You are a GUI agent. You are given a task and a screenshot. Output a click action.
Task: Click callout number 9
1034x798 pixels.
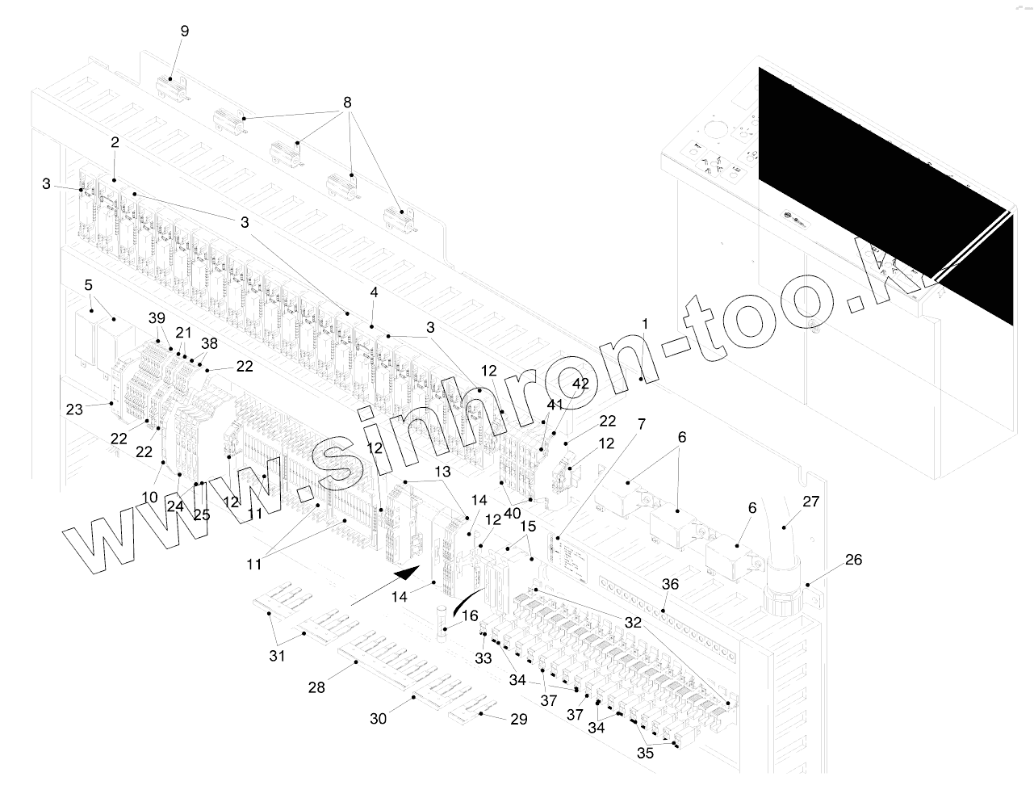coord(185,31)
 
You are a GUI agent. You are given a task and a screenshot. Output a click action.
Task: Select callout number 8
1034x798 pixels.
coord(347,103)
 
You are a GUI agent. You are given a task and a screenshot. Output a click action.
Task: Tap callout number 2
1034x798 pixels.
coord(115,142)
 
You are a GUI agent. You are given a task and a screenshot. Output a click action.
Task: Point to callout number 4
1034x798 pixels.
coord(374,292)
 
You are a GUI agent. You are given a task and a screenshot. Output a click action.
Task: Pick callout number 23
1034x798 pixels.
coord(74,409)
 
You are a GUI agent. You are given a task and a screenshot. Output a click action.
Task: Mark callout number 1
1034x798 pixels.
coord(644,324)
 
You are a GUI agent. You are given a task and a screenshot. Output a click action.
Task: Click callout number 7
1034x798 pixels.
coord(641,424)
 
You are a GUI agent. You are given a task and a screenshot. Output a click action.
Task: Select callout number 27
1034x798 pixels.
coord(810,502)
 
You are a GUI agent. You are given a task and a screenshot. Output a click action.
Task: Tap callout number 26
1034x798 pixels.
coord(853,559)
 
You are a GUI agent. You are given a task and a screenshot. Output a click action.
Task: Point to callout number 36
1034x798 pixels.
coord(670,584)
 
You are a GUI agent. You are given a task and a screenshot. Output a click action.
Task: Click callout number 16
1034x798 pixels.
coord(470,615)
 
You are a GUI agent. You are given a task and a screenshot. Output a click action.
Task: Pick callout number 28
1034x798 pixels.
coord(316,687)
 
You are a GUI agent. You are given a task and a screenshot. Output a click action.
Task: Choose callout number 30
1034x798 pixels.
coord(379,718)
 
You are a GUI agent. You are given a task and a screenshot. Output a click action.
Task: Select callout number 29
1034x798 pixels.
coord(518,719)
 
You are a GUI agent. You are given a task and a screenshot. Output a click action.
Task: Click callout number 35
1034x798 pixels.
coord(645,754)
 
